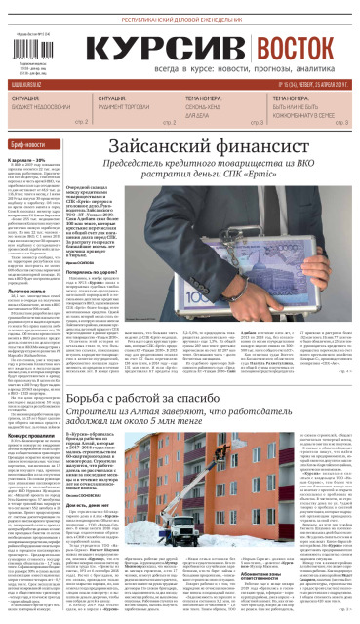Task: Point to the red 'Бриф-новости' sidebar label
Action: click(x=29, y=144)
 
